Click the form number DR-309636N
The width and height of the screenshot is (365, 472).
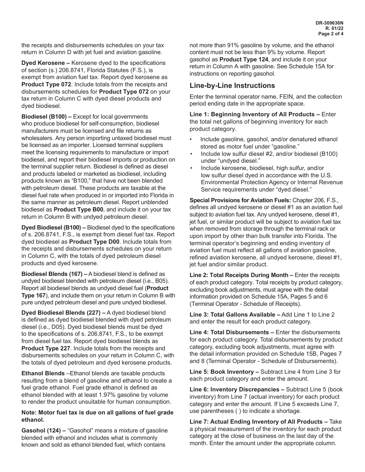click(329, 23)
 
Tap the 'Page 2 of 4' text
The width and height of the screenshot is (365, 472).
click(331, 34)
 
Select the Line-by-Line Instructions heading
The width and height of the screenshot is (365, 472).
click(232, 86)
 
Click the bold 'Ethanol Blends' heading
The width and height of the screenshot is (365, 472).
click(43, 373)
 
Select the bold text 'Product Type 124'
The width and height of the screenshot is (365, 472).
click(244, 59)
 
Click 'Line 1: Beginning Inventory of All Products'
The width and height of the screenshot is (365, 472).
click(252, 114)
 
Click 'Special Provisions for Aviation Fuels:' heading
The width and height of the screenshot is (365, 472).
click(240, 200)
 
